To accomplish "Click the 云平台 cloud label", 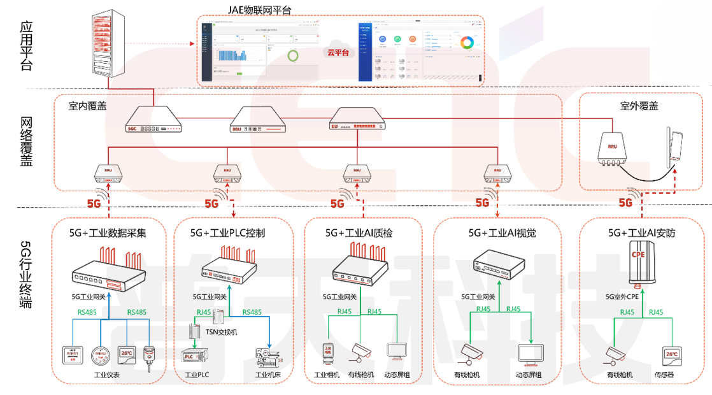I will click(x=338, y=53).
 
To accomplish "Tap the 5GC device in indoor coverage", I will click(x=153, y=120).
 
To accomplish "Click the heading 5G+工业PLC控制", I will click(x=227, y=233).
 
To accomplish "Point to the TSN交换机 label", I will click(x=221, y=332).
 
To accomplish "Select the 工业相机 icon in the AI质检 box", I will click(x=327, y=352).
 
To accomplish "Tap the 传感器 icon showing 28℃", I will click(x=671, y=354).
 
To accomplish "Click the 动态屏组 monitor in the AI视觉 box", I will click(x=530, y=354).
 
